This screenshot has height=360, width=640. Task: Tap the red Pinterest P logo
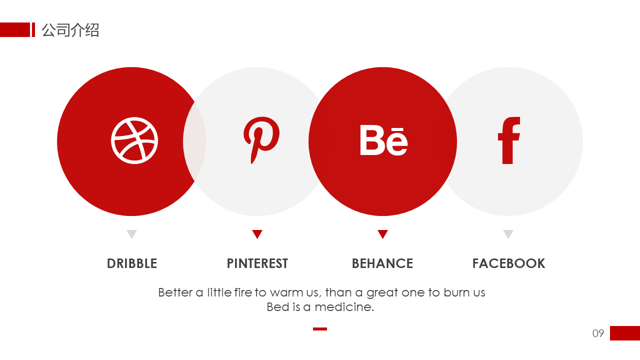[x=260, y=137]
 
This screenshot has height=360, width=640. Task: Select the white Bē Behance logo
[x=383, y=140]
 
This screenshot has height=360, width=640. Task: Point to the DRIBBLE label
[x=132, y=263]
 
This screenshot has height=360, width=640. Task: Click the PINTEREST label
[x=257, y=263]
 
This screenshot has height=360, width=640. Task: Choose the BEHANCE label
[x=382, y=263]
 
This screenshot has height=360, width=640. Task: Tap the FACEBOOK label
[x=508, y=263]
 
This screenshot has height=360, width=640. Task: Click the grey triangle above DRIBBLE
[x=131, y=233]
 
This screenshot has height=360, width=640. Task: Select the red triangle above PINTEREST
[x=257, y=233]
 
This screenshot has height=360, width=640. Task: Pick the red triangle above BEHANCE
[x=382, y=233]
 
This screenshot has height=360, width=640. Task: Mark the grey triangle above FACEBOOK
[x=508, y=233]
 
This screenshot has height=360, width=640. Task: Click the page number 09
[x=598, y=333]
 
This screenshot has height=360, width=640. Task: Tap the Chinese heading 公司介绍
[x=70, y=30]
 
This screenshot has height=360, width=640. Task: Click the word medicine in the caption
[x=344, y=307]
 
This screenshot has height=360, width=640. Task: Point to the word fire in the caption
[x=243, y=292]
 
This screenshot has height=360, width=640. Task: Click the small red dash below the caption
[x=320, y=329]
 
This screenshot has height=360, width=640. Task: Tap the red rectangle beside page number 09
[x=625, y=333]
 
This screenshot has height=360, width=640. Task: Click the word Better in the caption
[x=175, y=292]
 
